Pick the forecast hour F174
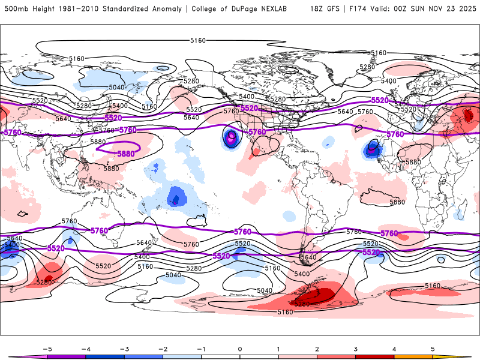[x=356, y=9]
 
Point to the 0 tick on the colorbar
[x=240, y=349]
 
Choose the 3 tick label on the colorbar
[x=356, y=349]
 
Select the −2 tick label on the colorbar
[x=163, y=349]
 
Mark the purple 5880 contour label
[x=125, y=154]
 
